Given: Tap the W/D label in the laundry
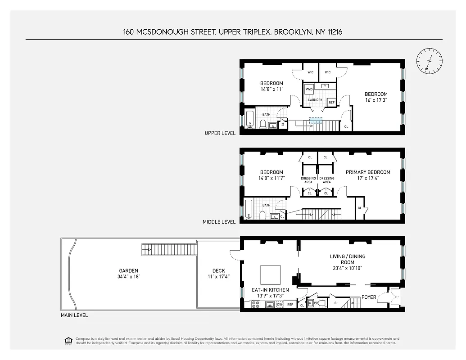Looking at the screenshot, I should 309,90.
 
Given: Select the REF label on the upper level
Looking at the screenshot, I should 331,103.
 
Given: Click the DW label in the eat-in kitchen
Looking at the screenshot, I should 279,305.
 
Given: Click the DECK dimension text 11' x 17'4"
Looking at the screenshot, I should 218,276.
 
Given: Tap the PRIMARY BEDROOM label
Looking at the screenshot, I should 368,172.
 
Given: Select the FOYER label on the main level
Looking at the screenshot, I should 369,297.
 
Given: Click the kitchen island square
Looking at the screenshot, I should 270,274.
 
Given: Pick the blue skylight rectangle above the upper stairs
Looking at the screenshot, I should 316,120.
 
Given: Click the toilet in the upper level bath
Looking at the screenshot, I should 263,123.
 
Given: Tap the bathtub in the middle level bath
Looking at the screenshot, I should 249,210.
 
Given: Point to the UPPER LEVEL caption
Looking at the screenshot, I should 220,133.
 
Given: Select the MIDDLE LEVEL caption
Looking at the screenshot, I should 219,222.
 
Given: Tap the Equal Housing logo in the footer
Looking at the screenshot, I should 68,340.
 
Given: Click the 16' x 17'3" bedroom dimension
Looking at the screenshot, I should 376,100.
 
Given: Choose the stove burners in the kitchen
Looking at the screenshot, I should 255,305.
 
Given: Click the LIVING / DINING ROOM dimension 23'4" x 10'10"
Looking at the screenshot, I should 347,268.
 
